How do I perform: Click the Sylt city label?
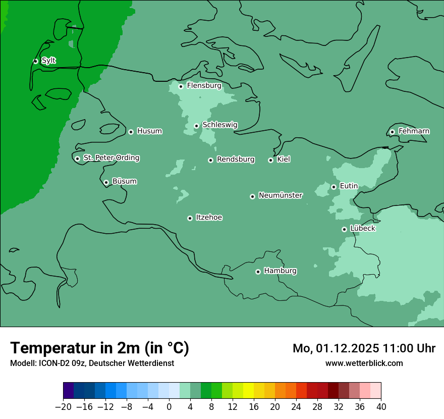48,61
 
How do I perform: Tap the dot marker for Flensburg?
181,86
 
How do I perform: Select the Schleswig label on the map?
219,125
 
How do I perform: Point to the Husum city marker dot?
131,132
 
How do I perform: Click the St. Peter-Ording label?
111,158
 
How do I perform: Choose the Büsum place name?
124,181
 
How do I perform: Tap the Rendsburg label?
236,160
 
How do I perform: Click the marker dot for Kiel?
270,160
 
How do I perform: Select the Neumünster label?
281,195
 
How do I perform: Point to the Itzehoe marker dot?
190,218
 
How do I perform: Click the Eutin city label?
349,186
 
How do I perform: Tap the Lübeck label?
362,228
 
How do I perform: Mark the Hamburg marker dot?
258,272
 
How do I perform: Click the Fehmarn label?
414,131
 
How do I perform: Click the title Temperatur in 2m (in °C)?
99,348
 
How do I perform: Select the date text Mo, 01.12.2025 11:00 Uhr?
364,348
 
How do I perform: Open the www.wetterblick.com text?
364,363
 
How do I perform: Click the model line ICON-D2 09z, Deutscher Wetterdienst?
92,363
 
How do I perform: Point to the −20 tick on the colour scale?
63,407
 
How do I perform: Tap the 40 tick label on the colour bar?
381,407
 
